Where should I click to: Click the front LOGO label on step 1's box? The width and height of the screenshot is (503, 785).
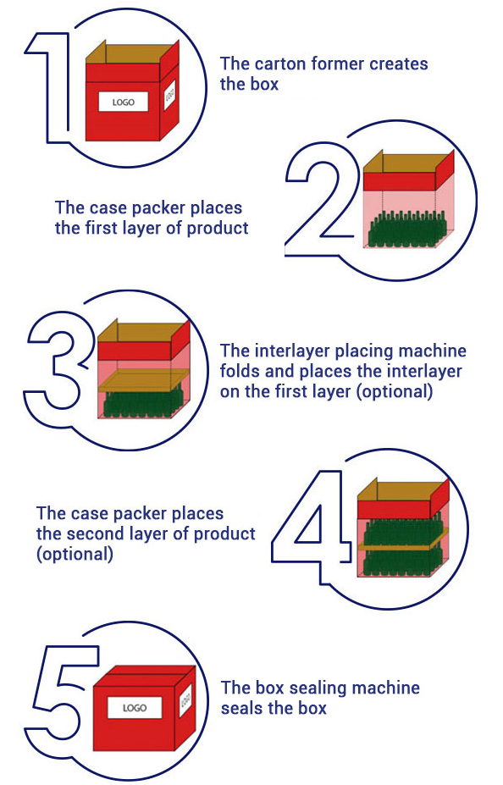point(123,102)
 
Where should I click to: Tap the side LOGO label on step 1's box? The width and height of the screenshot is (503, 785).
point(169,94)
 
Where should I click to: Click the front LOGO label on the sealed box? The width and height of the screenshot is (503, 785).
point(135,708)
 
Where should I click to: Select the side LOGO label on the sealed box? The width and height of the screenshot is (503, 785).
point(185,699)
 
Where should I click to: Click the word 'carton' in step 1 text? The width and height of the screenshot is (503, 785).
point(280,64)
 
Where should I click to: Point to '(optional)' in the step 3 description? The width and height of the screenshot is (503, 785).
point(395,391)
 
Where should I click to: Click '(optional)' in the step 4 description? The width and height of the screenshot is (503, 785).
point(75,554)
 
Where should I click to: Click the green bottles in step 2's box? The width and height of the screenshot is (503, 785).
point(406,229)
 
